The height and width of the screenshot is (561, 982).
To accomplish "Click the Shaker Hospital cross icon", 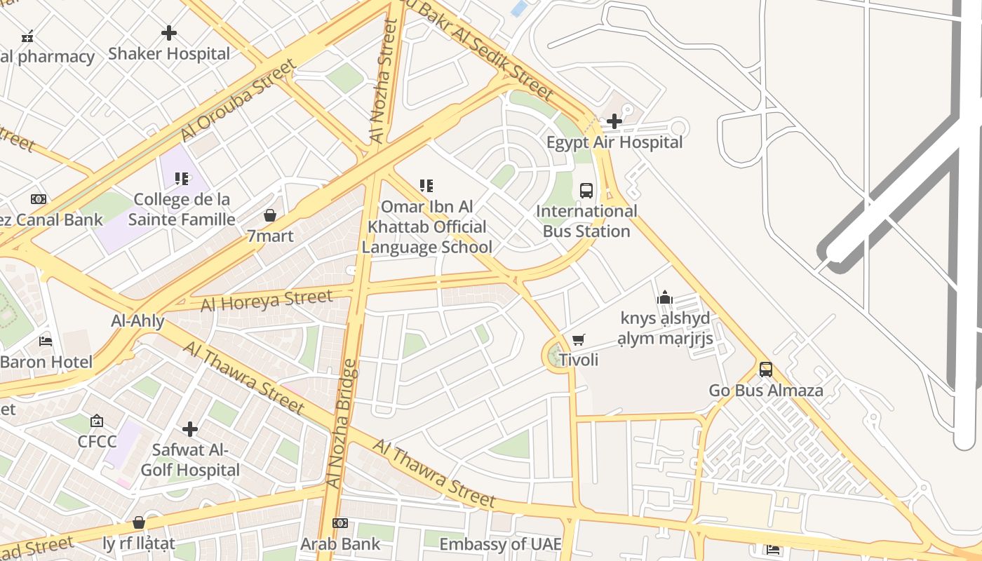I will pos(169,33).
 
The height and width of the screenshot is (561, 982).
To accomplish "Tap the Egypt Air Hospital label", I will pos(614,142).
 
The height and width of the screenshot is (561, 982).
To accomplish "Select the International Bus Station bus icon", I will pos(586,191).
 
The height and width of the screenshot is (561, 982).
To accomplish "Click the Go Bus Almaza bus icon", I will pos(766,370).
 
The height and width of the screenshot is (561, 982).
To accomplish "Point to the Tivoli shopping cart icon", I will pos(578,340).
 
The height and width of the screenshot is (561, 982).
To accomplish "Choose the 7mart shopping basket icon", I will pos(270,215).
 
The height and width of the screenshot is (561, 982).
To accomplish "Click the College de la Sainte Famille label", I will pos(182,210).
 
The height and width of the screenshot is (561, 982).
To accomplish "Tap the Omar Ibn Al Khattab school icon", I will pos(426,186).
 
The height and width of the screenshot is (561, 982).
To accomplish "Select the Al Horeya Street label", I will pos(267,300).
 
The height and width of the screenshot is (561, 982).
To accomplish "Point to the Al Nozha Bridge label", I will pos(343,424).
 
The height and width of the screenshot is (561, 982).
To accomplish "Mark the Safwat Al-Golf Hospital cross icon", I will pos(190,429).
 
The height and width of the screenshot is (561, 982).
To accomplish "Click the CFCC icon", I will pos(97,421).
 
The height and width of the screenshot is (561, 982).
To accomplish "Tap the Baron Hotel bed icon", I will pos(46,342).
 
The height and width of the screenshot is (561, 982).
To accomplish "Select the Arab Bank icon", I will pos(340,523).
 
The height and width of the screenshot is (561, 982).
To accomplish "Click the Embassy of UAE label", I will pos(500,544).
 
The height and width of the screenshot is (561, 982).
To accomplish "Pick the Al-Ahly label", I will pos(138,321).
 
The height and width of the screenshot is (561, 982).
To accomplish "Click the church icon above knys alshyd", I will pos(665,298).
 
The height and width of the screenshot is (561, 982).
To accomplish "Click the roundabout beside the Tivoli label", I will pos(556,356).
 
